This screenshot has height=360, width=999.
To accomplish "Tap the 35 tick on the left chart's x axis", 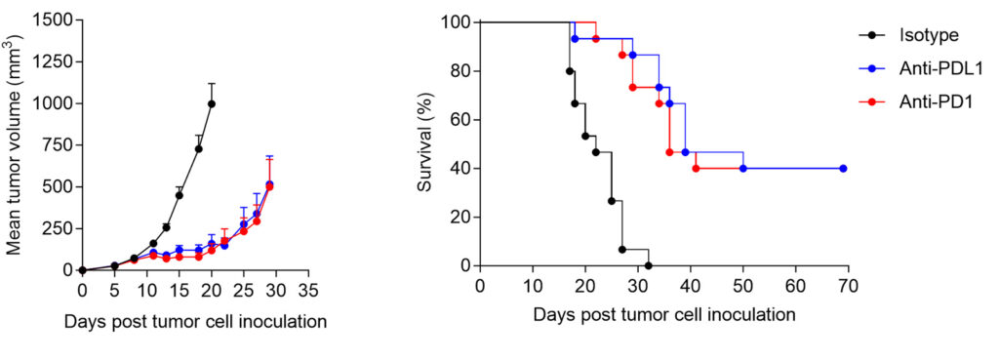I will pyautogui.click(x=307, y=290).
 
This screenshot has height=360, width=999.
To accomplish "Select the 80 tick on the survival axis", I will pyautogui.click(x=455, y=71).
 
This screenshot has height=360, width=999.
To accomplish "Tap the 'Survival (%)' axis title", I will pyautogui.click(x=425, y=144).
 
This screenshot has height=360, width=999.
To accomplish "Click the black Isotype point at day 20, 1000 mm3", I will pyautogui.click(x=211, y=103).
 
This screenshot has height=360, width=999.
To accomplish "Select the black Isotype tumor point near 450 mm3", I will pyautogui.click(x=180, y=195).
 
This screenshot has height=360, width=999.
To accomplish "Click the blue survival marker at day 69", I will pyautogui.click(x=843, y=168).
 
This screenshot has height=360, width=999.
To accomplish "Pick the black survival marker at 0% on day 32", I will pyautogui.click(x=648, y=265).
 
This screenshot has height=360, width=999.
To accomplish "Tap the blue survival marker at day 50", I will pyautogui.click(x=743, y=168).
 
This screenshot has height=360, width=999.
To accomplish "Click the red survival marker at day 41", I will pyautogui.click(x=696, y=168).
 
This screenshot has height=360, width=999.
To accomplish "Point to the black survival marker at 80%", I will pyautogui.click(x=569, y=70).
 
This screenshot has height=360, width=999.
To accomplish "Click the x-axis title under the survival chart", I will pyautogui.click(x=664, y=315).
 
